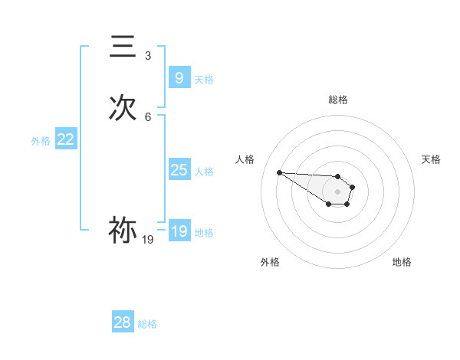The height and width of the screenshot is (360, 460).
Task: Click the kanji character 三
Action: click(123, 47)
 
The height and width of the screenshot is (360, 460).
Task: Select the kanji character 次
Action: click(123, 109)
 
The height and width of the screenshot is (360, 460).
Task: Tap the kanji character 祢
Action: click(123, 231)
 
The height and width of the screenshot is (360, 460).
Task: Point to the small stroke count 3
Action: click(148, 56)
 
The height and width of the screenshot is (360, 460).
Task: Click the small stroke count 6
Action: click(148, 117)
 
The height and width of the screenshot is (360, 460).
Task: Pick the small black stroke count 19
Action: click(148, 240)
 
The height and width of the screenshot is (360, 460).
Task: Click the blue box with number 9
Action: click(179, 78)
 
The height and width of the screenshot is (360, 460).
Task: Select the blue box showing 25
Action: click(179, 170)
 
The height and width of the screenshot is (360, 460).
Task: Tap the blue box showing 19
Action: click(179, 231)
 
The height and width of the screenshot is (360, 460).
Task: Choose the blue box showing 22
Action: click(66, 139)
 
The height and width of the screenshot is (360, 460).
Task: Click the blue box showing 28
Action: click(123, 322)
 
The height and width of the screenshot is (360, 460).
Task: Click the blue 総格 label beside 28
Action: click(147, 324)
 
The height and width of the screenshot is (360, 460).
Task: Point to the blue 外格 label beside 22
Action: click(41, 141)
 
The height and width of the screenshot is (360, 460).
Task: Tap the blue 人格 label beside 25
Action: click(205, 172)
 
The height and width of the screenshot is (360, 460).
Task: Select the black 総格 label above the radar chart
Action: click(338, 100)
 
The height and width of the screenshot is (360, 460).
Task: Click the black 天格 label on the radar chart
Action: click(431, 159)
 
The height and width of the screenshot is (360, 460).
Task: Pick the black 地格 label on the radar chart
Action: click(402, 263)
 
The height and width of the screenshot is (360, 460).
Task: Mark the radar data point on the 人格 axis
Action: click(279, 172)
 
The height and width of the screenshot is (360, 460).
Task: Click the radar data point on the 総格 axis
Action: click(338, 176)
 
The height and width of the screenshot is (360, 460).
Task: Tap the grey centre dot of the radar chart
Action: click(338, 191)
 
